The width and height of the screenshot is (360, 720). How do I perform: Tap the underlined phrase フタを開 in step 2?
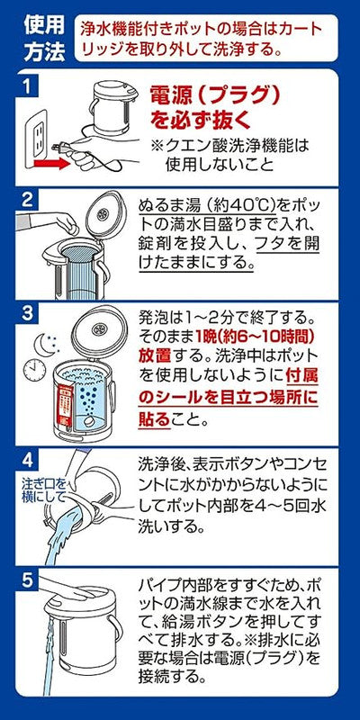(x=283, y=242)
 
